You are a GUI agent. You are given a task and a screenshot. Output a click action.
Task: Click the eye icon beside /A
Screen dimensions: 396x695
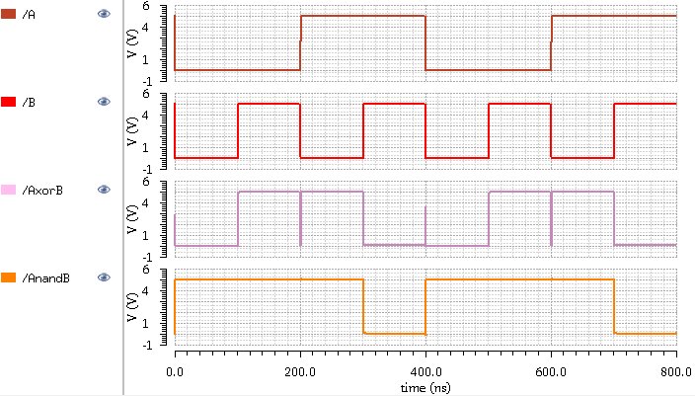coord(103,14)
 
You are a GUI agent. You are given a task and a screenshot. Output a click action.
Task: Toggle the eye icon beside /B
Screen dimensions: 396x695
coord(103,102)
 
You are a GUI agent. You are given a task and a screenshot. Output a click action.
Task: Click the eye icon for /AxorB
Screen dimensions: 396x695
coord(103,190)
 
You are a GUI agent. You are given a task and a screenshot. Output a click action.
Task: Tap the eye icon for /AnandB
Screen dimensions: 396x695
coord(103,277)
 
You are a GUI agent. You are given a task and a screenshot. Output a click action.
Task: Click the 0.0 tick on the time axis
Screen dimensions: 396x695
coord(175,371)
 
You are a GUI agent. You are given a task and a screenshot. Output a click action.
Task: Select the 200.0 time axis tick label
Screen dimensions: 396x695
coord(299,371)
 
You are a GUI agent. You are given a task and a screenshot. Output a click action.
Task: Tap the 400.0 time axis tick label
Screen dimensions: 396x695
coord(425,371)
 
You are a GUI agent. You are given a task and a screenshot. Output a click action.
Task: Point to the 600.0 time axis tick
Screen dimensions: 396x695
coord(550,371)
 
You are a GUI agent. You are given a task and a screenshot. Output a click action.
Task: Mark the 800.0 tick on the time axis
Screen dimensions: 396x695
coord(675,371)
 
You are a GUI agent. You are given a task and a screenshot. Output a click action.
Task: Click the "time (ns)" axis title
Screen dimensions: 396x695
coord(425,388)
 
